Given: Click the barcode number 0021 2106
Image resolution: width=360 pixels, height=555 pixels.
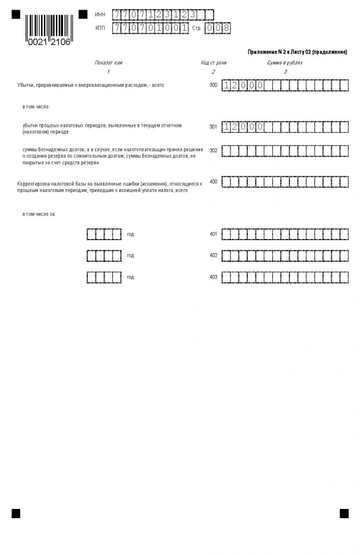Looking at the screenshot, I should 49,42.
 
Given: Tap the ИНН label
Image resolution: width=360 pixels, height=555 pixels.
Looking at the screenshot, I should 100,15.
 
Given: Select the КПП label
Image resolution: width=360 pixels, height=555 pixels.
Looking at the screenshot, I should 100,28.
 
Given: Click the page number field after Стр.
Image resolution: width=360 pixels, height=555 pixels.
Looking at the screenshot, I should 217,28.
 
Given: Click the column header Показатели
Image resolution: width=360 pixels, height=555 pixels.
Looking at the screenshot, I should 108,63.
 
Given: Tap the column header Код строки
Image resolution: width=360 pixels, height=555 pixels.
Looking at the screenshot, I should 214,63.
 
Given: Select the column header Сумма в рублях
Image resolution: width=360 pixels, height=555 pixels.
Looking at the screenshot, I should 285,63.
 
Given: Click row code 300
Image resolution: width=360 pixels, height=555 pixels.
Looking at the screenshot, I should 213,85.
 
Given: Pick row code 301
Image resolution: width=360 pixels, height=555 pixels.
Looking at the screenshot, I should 213,127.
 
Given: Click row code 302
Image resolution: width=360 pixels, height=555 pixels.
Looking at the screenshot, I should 213,151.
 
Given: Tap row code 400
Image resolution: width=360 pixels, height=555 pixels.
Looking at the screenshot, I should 213,182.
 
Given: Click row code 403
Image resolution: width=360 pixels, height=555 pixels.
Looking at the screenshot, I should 213,277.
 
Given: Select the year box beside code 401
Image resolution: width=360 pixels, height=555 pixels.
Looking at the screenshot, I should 104,234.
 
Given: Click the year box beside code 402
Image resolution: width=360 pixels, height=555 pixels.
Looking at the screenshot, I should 104,255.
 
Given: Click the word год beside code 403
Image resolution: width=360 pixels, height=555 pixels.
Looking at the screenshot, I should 130,277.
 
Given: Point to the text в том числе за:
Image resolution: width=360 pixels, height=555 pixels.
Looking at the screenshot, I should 39,214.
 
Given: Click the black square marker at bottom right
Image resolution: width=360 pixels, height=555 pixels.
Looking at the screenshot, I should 344,513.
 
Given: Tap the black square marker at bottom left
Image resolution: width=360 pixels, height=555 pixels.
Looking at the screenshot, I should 16,513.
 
